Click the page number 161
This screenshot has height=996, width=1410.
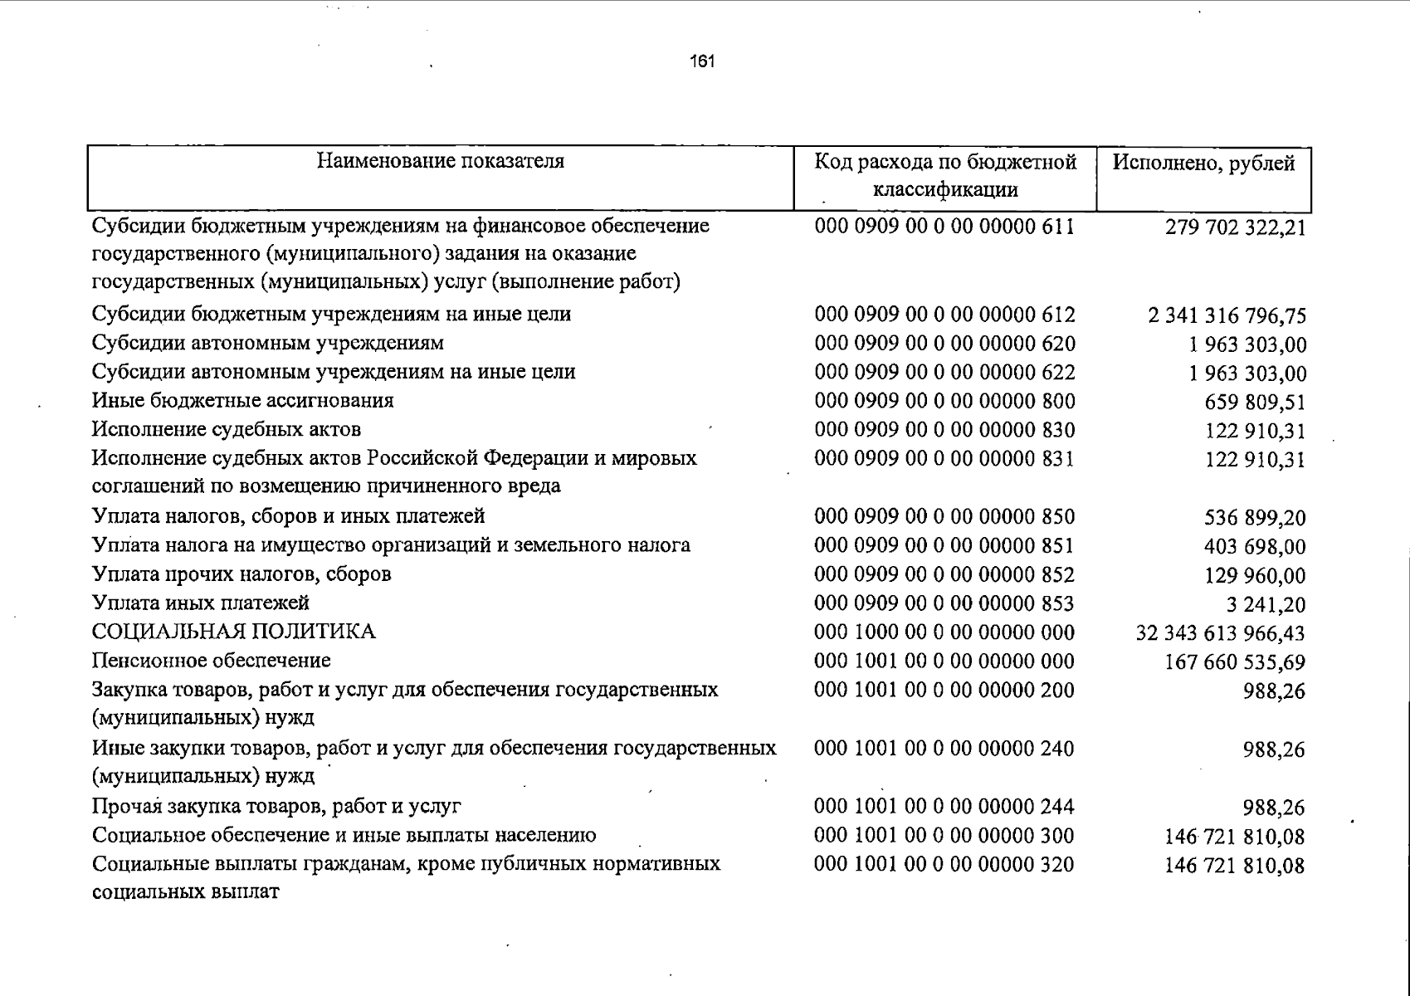point(702,61)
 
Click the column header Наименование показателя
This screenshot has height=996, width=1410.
point(441,161)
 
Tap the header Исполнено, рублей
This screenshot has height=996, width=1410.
point(1203,163)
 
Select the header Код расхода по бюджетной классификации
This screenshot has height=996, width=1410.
point(945,175)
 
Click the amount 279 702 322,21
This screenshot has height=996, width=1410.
point(1235,227)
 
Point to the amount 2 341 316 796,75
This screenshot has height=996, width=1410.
point(1227,316)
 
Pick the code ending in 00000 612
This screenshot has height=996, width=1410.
point(944,315)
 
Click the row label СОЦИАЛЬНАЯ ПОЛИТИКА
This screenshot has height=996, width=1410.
point(234,632)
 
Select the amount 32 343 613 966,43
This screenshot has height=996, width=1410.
point(1220,634)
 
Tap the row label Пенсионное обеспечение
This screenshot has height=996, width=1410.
point(212,662)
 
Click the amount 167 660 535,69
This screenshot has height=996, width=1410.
point(1235,663)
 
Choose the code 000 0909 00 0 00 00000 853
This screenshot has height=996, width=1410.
point(944,604)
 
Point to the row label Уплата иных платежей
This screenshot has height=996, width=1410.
point(201,603)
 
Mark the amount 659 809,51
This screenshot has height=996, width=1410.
point(1255,403)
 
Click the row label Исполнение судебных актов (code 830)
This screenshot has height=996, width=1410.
point(227,430)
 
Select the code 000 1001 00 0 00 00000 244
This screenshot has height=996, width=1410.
point(944,807)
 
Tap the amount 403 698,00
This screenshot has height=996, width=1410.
point(1255,547)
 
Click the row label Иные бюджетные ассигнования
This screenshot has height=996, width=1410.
point(243,401)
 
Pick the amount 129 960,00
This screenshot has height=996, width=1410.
point(1255,576)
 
